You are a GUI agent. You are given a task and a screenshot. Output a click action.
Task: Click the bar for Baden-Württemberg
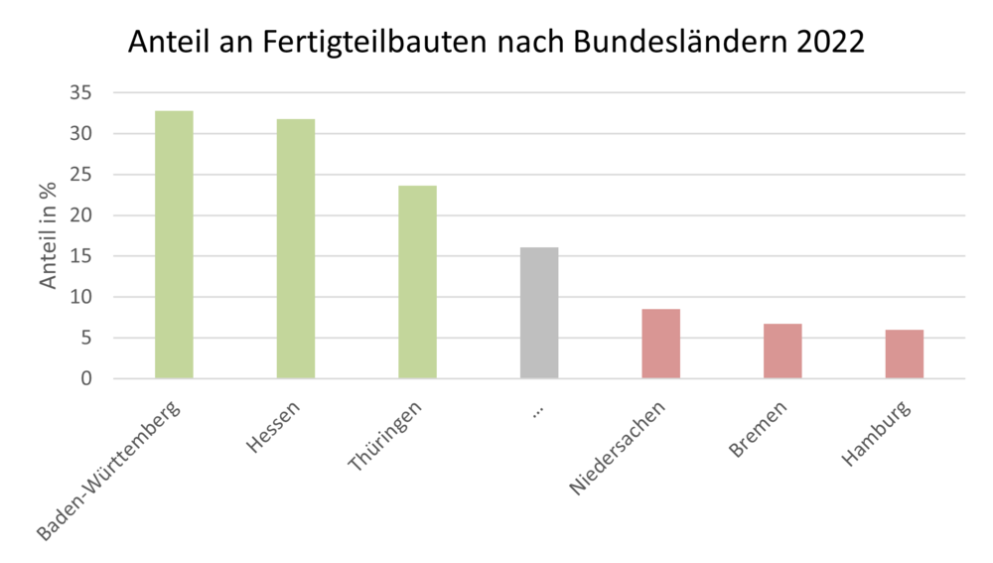174,244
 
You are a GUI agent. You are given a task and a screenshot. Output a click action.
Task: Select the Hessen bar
296,248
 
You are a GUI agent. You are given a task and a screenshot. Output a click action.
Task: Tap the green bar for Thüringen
417,282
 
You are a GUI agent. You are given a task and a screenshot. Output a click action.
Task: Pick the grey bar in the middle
539,313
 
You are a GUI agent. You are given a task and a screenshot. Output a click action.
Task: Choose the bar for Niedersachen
660,344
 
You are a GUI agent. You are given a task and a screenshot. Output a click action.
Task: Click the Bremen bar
782,351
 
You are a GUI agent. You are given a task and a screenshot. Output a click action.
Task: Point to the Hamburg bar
904,353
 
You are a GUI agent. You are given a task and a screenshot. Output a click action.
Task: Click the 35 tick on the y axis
80,93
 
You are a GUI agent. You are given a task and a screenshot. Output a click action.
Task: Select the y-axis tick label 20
80,215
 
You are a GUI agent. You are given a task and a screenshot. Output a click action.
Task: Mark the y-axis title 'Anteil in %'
49,235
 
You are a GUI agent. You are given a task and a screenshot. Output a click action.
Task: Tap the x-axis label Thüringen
386,436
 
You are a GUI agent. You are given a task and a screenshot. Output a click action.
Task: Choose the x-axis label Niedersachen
617,448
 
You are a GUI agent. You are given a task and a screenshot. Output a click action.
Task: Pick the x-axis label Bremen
759,429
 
